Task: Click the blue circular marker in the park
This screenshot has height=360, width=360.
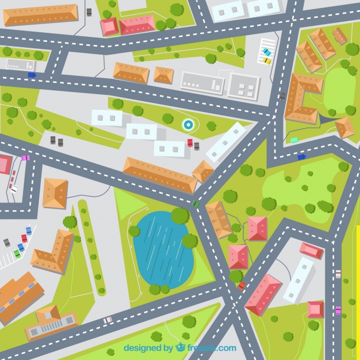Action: [x=188, y=124]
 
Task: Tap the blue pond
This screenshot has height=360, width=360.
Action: [x=163, y=249]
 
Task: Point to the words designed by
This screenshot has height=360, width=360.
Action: [x=148, y=348]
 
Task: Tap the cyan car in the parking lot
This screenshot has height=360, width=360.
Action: [x=266, y=52]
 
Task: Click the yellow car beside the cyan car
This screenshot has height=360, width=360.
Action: [x=267, y=60]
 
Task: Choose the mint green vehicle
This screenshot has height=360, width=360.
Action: [x=294, y=140]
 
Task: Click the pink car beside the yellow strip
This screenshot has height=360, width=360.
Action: [x=338, y=310]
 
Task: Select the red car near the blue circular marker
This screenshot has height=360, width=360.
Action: [x=190, y=143]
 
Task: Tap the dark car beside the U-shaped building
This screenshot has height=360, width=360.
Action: [x=282, y=97]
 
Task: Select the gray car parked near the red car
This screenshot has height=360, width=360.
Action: [x=196, y=146]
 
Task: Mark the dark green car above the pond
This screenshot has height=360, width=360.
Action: [x=196, y=204]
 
